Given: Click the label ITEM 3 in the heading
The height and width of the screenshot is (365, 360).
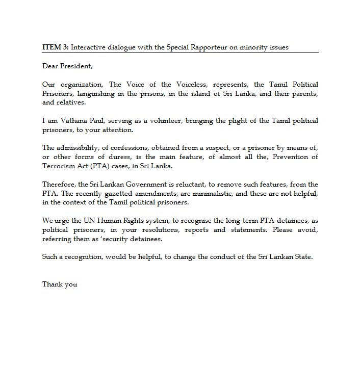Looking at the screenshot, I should coord(55,47).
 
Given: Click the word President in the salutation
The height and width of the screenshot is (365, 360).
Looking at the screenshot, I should coord(76,66).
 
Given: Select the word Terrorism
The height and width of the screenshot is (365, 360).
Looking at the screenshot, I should coord(59,166).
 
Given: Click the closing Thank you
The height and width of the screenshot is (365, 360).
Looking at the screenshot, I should coord(60,284).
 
